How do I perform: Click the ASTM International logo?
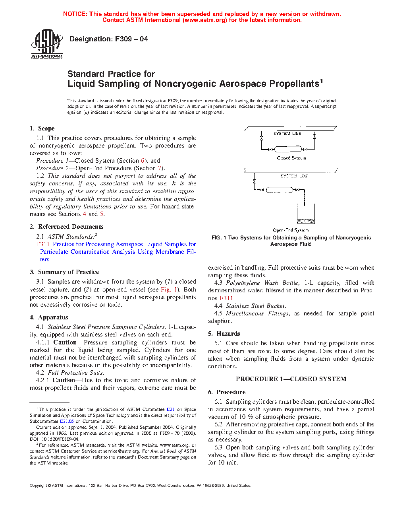(47, 44)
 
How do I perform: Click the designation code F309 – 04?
(131, 39)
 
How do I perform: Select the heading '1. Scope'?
(42, 128)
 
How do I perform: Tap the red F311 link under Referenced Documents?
(43, 244)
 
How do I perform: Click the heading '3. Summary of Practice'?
(64, 272)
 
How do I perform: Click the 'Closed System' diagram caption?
(291, 158)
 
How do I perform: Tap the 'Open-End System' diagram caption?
(291, 230)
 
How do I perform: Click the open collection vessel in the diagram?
(306, 215)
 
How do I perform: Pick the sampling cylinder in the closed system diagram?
(288, 150)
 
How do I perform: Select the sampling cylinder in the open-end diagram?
(280, 190)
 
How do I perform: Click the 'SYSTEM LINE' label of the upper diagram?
(287, 134)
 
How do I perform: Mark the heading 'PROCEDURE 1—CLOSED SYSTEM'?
(291, 379)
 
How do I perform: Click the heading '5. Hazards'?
(224, 334)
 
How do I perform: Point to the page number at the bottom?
(202, 505)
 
